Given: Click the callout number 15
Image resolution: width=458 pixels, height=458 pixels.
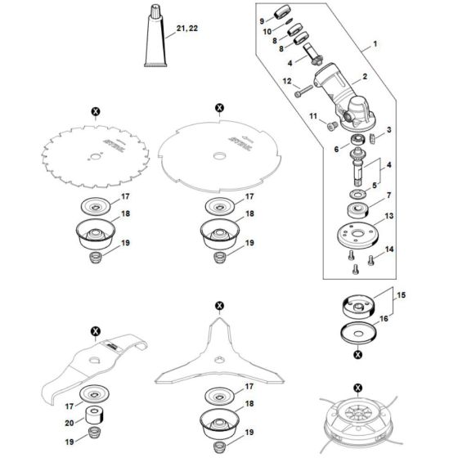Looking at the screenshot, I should [402, 294].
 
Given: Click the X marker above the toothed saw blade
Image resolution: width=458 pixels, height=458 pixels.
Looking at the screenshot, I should [95, 110].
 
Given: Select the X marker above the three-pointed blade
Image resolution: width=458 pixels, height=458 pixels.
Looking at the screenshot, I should [219, 308].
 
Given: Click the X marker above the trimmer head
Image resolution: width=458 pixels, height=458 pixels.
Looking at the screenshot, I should [357, 386].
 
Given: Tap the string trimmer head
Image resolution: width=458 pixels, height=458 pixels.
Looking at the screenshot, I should [357, 424].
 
